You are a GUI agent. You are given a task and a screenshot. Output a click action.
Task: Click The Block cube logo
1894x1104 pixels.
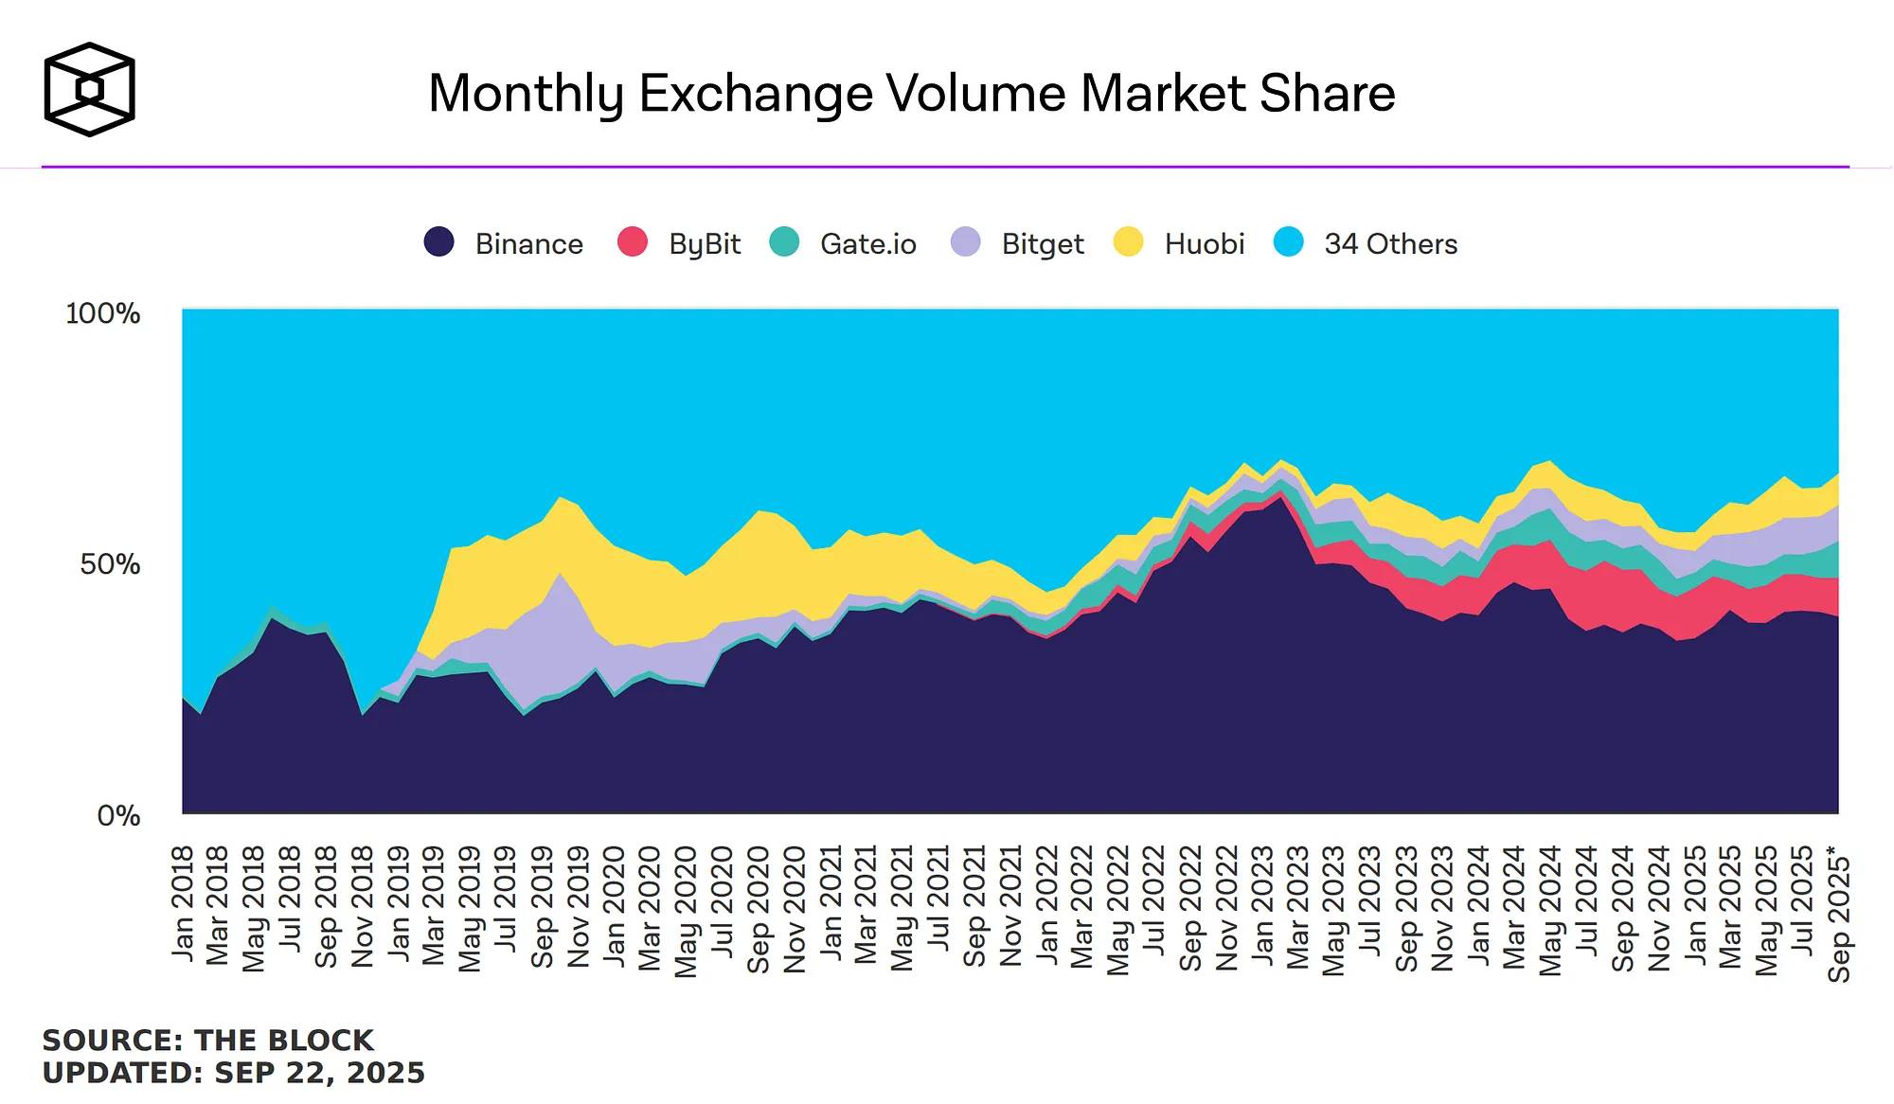click(90, 89)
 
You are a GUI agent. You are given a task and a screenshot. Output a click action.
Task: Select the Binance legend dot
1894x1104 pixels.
click(438, 242)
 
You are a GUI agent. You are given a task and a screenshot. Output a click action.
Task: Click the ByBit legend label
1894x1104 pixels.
click(705, 244)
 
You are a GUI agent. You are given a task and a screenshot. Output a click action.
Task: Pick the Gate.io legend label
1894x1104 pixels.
click(867, 244)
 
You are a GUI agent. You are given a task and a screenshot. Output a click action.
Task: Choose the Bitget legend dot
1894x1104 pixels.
click(965, 242)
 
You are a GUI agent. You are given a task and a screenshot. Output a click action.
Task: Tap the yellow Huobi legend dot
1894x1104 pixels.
click(1128, 242)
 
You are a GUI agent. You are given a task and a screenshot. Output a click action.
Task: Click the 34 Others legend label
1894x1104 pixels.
click(1390, 244)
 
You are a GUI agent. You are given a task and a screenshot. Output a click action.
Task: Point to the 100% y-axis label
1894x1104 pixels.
click(102, 313)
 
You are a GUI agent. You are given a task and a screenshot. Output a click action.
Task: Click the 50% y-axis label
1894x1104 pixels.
click(110, 564)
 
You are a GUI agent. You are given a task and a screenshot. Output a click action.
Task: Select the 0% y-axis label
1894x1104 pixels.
click(118, 815)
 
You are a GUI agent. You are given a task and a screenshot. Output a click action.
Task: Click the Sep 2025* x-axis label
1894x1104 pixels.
click(1839, 916)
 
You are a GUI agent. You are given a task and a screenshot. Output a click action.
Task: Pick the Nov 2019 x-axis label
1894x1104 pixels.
click(579, 907)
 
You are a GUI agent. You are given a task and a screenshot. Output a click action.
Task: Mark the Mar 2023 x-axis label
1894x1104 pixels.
click(1298, 907)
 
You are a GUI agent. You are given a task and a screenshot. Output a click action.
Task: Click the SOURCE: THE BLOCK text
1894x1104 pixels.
click(208, 1040)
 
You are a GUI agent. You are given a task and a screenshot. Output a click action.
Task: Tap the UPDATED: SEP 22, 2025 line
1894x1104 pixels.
click(234, 1073)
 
